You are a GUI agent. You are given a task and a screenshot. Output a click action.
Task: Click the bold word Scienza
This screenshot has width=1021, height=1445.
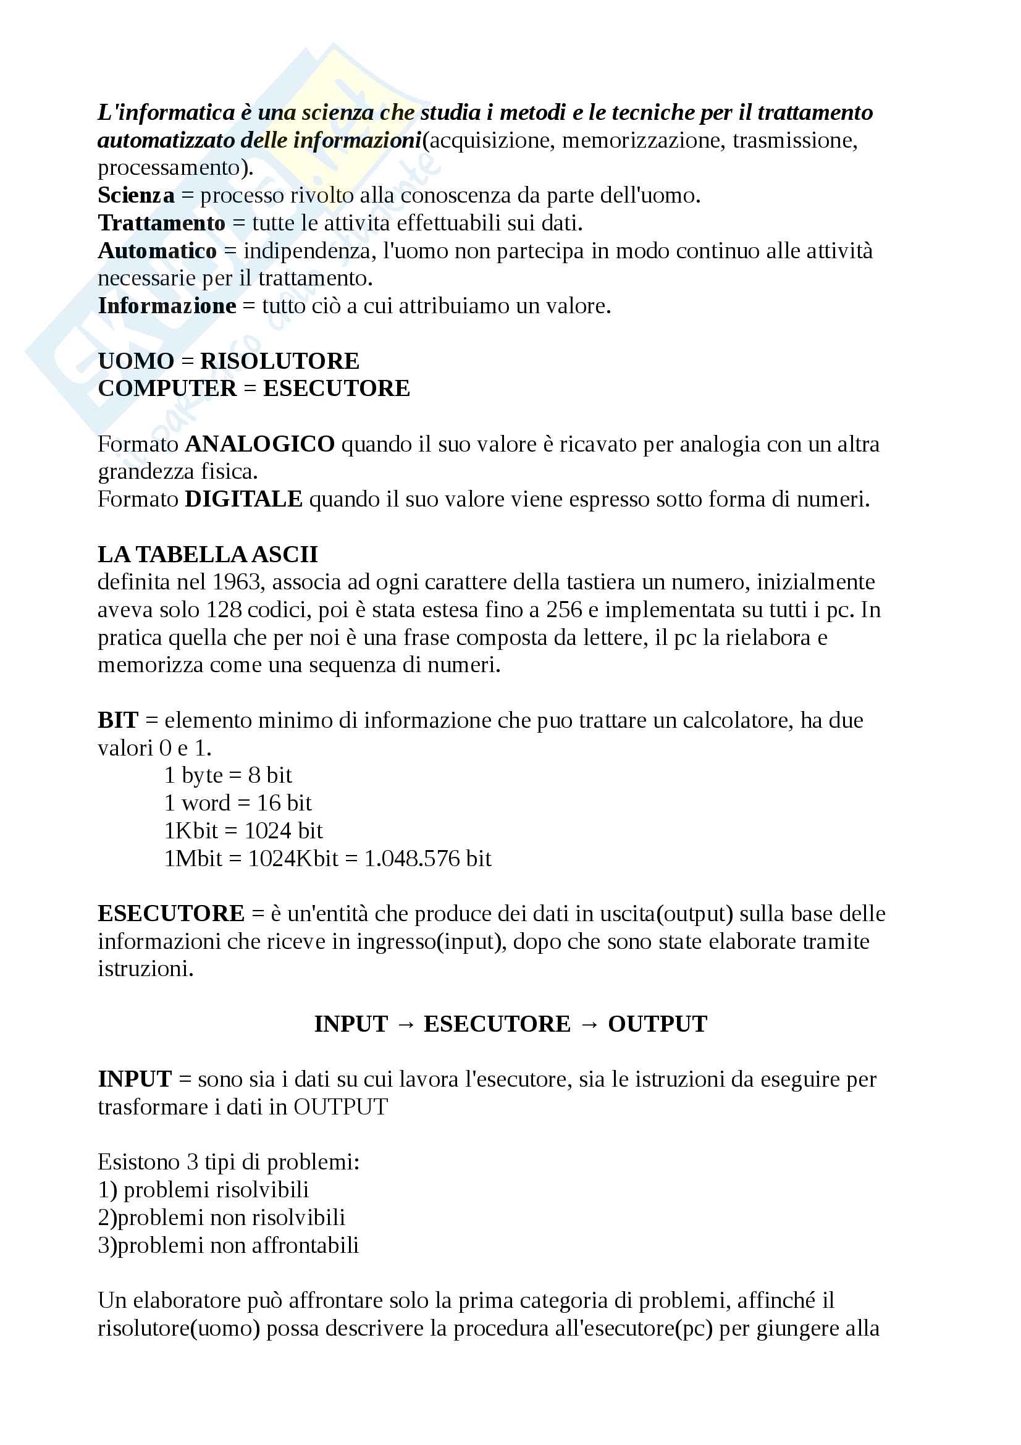point(136,196)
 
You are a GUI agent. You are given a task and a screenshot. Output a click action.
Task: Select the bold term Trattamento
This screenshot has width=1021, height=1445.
point(162,224)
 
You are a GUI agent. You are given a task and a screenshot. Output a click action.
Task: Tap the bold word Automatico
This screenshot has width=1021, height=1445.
point(158,251)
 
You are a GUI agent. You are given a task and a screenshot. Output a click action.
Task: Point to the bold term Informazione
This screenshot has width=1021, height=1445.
point(167,306)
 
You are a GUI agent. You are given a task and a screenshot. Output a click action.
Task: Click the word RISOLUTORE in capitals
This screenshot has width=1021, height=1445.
point(279,361)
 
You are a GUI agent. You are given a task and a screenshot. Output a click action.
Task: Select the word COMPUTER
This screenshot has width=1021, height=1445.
point(167,389)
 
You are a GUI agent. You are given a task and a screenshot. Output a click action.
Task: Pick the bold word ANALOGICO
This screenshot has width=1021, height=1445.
point(259,444)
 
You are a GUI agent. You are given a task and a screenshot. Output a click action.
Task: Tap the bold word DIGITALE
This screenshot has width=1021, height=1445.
point(243,499)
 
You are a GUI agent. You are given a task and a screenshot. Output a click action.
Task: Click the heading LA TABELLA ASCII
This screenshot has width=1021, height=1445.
point(208,554)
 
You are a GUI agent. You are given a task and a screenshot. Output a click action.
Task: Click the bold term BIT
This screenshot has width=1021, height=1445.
point(117,720)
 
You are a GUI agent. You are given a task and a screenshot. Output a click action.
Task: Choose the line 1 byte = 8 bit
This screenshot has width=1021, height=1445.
point(228,775)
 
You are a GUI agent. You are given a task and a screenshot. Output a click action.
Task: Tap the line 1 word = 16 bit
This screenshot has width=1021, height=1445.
point(238,803)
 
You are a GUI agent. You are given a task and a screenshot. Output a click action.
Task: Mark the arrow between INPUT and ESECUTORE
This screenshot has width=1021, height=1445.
point(406,1024)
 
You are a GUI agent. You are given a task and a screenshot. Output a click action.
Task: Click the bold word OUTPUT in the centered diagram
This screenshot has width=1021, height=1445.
point(657,1024)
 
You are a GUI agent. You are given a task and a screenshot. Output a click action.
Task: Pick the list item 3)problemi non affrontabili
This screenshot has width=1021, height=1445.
point(228,1245)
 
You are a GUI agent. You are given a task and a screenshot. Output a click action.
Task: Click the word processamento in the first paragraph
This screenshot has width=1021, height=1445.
point(172,168)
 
